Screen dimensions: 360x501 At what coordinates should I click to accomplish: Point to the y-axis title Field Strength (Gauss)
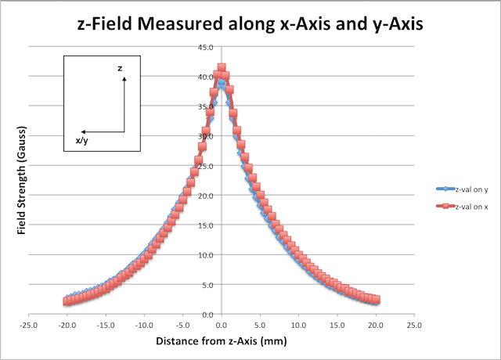pyautogui.click(x=24, y=179)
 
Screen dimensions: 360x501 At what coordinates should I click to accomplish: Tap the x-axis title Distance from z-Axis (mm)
pyautogui.click(x=221, y=341)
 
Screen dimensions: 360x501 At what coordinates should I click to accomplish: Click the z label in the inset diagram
pyautogui.click(x=120, y=69)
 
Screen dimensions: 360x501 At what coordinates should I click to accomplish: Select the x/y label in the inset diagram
pyautogui.click(x=81, y=141)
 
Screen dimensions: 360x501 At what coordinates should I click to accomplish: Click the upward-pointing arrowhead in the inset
pyautogui.click(x=124, y=78)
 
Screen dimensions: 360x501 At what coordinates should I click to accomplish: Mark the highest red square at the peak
pyautogui.click(x=222, y=68)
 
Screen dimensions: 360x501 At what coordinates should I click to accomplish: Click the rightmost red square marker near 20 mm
pyautogui.click(x=376, y=300)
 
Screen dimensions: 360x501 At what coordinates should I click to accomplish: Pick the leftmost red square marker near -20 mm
pyautogui.click(x=67, y=301)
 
